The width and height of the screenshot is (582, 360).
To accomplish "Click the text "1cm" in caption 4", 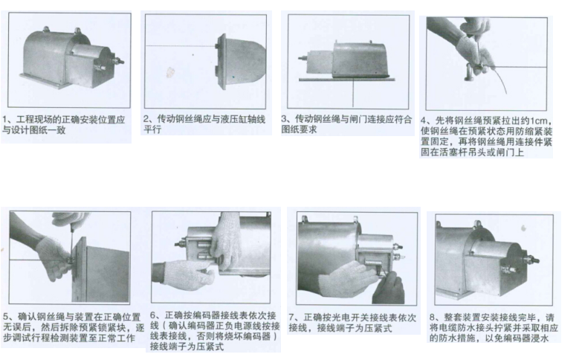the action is pyautogui.click(x=538, y=121).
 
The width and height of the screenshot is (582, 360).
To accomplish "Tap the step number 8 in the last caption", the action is pyautogui.click(x=433, y=318).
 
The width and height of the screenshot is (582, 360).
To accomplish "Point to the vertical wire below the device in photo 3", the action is pyautogui.click(x=352, y=94).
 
